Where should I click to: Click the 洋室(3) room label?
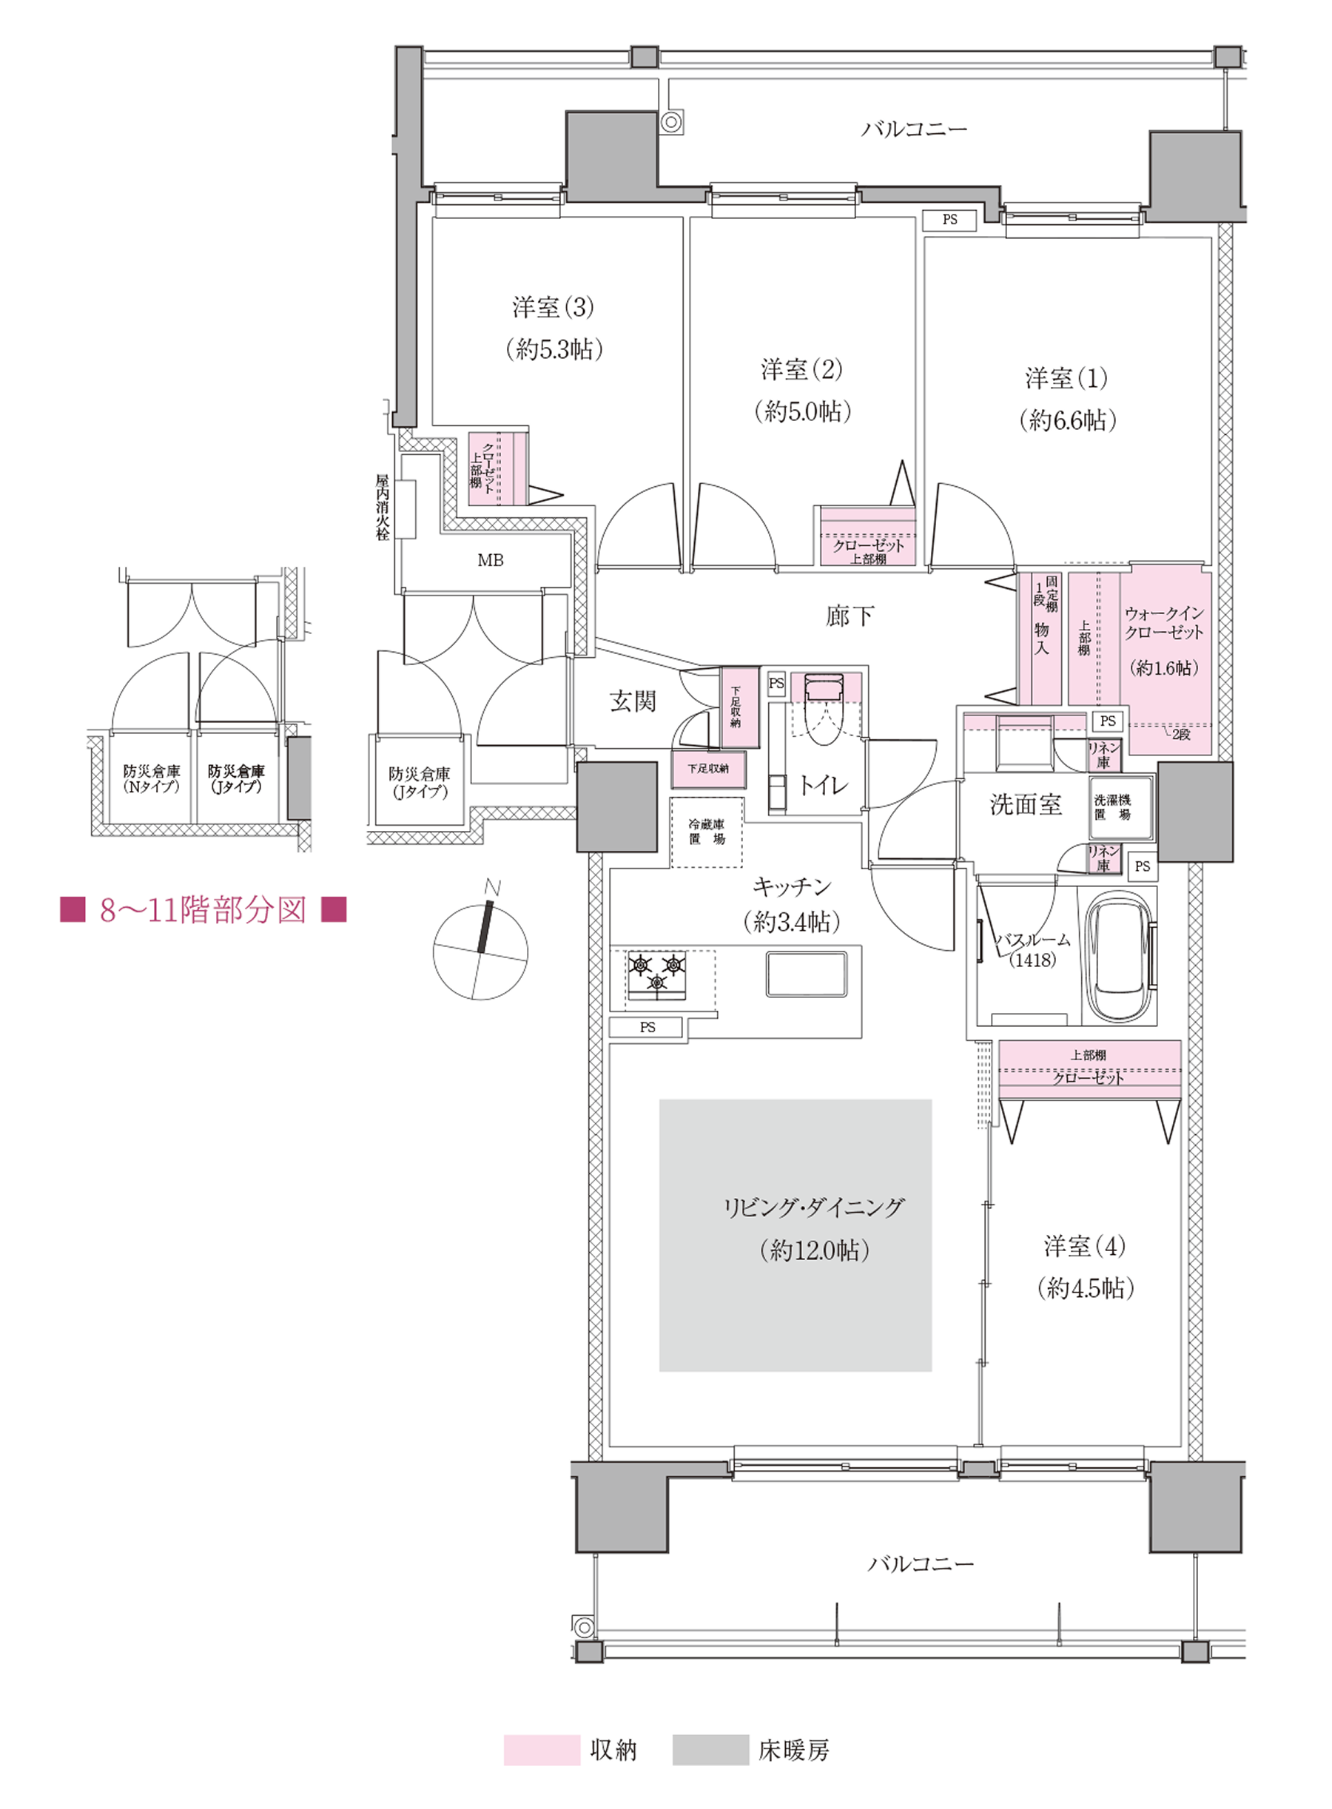click(x=553, y=307)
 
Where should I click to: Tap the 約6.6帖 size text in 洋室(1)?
click(x=1068, y=420)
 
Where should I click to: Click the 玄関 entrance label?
click(x=633, y=701)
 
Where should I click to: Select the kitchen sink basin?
click(x=807, y=974)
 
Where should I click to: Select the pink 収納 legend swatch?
click(x=542, y=1750)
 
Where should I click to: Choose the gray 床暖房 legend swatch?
click(x=710, y=1750)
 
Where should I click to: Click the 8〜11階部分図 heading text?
click(x=203, y=910)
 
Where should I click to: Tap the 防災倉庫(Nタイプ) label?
click(x=151, y=779)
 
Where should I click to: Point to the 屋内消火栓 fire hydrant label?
click(x=382, y=507)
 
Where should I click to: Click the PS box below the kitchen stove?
click(x=647, y=1027)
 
